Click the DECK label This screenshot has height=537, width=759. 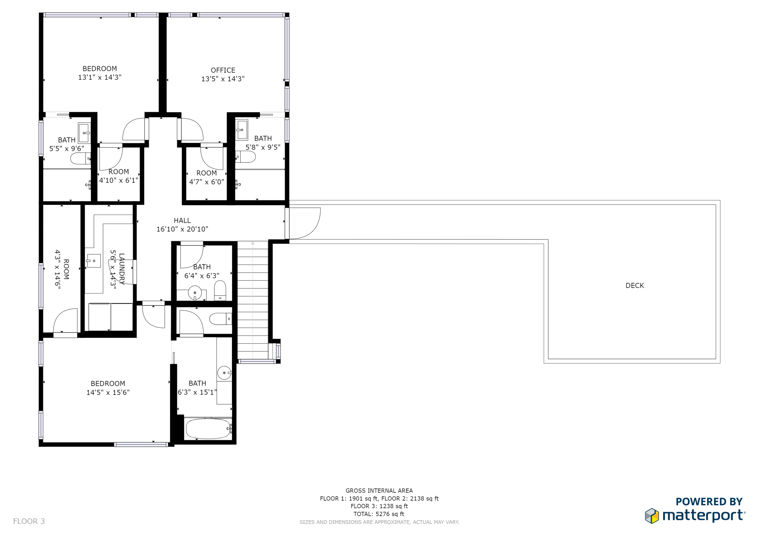point(635,286)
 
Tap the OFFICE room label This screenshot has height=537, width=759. point(223,70)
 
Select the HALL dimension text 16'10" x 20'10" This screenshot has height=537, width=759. point(182,229)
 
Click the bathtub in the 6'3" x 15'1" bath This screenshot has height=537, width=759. point(208,429)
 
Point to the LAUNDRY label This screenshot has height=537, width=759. point(122,269)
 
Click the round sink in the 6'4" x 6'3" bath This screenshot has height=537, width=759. point(195,292)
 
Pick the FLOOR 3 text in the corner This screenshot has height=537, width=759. point(29,521)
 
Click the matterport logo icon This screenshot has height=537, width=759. point(652,516)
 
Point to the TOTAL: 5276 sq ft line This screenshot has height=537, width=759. point(379,514)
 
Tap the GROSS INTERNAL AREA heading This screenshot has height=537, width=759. point(379,491)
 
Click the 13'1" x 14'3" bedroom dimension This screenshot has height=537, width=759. point(100,77)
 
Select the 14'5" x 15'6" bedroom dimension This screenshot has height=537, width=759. point(108,392)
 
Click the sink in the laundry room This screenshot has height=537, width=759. point(94,261)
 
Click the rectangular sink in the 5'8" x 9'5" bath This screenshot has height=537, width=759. point(242,130)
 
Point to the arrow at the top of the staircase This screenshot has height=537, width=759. point(253,243)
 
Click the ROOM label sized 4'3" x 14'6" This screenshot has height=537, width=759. point(66,269)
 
